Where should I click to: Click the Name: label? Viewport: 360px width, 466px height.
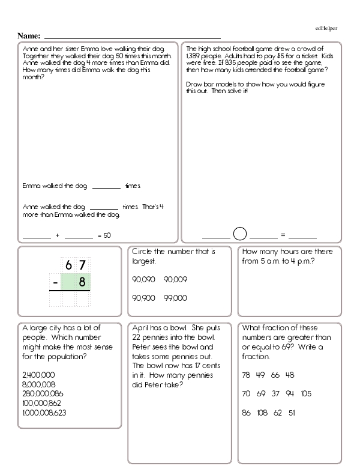pyautogui.click(x=30, y=36)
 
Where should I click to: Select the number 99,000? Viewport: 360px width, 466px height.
pyautogui.click(x=175, y=298)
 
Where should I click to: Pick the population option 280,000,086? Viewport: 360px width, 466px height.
pyautogui.click(x=42, y=393)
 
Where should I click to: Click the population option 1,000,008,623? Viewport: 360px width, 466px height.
pyautogui.click(x=44, y=413)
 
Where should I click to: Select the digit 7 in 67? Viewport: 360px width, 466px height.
pyautogui.click(x=82, y=264)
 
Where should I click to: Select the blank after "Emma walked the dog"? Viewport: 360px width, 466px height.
pyautogui.click(x=107, y=187)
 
